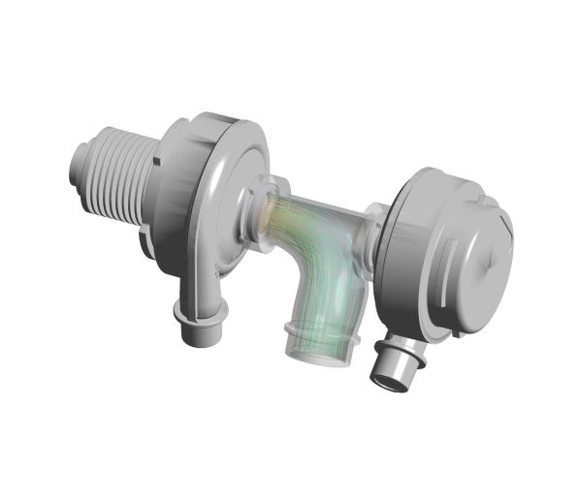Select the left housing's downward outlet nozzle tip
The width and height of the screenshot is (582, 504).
pyautogui.click(x=200, y=334)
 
